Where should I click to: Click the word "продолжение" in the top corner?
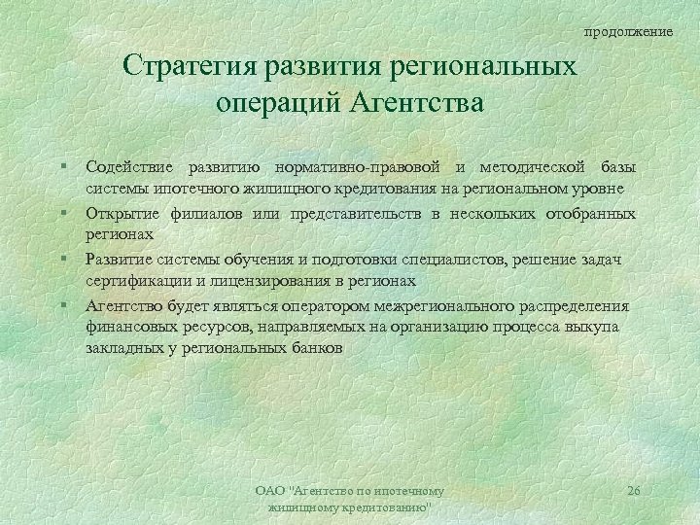(628, 32)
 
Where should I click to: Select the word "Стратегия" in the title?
(187, 68)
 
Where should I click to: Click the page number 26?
(634, 491)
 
